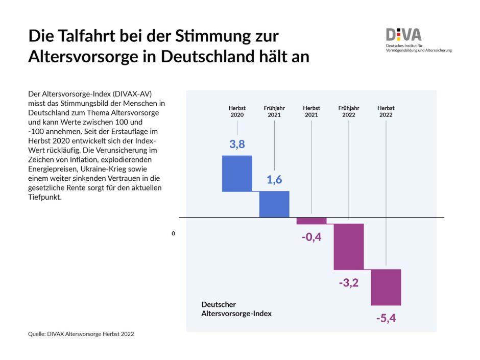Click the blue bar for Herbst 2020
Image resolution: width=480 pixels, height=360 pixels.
tap(237, 174)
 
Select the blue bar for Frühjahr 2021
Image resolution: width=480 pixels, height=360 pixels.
tap(274, 204)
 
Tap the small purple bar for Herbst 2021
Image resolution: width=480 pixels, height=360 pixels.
tap(311, 221)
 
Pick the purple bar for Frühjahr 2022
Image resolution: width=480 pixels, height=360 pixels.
tap(349, 247)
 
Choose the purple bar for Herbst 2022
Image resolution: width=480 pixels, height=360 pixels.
tap(386, 287)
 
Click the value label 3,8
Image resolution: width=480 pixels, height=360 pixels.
tap(237, 144)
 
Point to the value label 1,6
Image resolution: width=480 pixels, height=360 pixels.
tap(274, 180)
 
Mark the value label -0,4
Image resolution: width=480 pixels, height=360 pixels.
tap(311, 237)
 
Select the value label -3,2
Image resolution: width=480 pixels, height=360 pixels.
tap(349, 282)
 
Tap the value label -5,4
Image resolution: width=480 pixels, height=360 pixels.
tap(386, 319)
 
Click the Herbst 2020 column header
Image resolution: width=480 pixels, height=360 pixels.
tap(237, 111)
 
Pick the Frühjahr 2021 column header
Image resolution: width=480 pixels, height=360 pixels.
tap(274, 111)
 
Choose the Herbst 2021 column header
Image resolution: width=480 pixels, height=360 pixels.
tap(311, 111)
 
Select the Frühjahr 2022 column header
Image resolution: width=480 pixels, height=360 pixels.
tap(349, 111)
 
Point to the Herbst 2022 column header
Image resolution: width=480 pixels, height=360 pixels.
tap(386, 111)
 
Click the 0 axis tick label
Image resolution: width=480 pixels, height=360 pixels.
tap(173, 233)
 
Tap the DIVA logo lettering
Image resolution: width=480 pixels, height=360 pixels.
tap(404, 35)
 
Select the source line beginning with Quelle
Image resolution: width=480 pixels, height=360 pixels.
tap(81, 333)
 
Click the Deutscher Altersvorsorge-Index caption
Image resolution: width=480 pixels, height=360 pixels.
tap(236, 309)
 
